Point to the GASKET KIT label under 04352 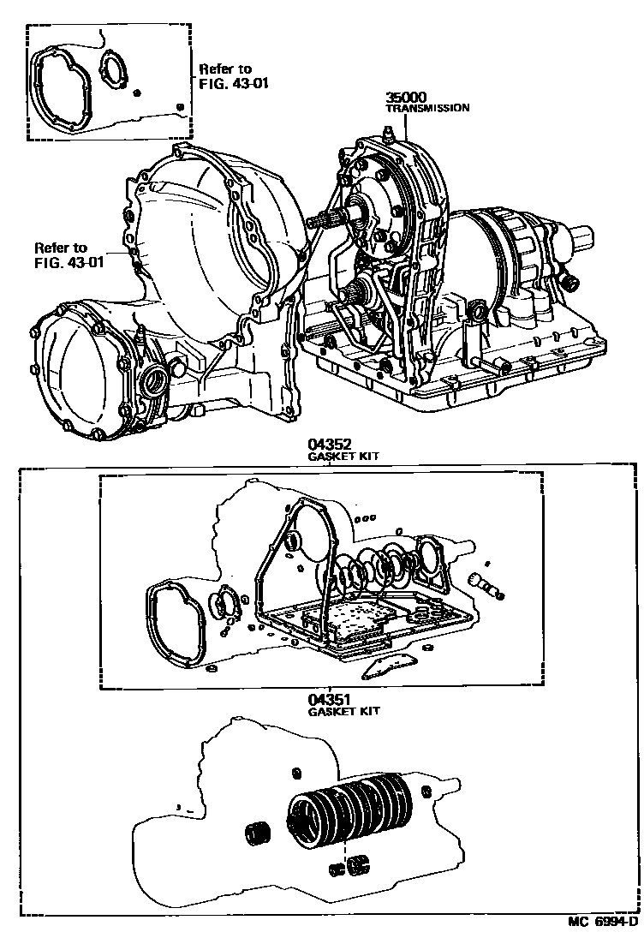(x=343, y=457)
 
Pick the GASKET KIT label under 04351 (x=343, y=711)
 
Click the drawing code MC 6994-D (x=603, y=922)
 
